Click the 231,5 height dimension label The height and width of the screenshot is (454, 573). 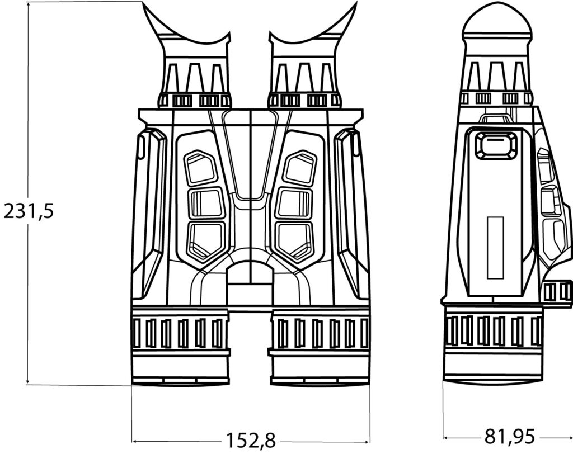coord(29,211)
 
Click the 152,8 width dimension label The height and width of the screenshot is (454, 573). coord(251,440)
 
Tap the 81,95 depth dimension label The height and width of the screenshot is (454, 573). coord(510,436)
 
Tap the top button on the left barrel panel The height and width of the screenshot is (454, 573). coord(200,167)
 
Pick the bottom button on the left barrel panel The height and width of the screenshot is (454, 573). coord(206,241)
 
